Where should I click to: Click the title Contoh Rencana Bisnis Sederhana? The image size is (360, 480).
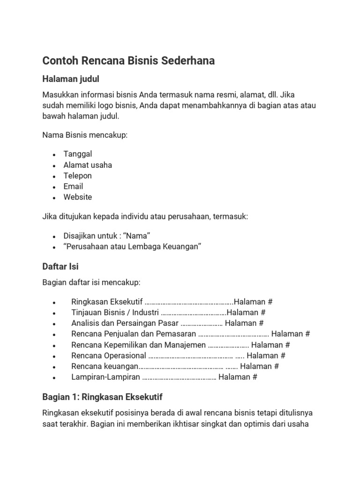coord(128,61)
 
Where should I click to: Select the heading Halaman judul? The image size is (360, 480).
coord(71,79)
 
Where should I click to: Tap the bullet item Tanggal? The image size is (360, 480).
coord(78,154)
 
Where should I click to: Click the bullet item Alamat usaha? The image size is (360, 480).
coord(88,165)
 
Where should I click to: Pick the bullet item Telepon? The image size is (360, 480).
coord(78,176)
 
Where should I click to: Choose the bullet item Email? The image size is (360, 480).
coord(74,186)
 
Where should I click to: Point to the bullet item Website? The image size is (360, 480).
coord(78,197)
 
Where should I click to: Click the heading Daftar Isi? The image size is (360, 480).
coord(60,266)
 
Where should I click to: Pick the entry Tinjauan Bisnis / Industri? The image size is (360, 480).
coord(115,312)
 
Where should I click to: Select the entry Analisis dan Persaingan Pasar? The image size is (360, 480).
coord(125,323)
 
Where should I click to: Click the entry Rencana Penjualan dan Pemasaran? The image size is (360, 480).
coord(134,334)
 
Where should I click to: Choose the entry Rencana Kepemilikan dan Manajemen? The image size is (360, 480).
coord(138,345)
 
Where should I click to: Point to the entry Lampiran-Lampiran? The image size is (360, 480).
coord(105,377)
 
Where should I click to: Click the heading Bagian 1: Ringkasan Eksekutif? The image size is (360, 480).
coord(102,397)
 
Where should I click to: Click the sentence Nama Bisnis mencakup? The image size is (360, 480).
coord(85,135)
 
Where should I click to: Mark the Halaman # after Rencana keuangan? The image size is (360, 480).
coord(260,366)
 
